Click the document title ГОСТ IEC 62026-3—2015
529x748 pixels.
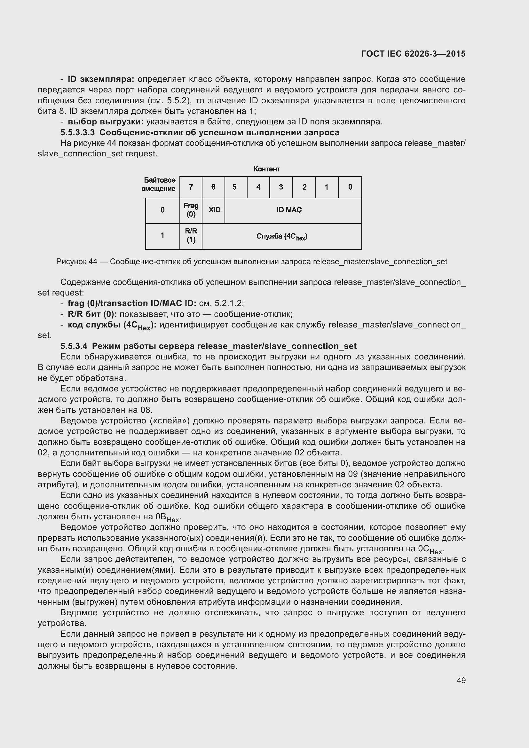tap(413, 54)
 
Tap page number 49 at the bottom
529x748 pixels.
tap(461, 680)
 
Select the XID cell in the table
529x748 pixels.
tap(214, 210)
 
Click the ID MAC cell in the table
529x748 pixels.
tap(289, 210)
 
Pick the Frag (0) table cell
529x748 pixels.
tap(191, 210)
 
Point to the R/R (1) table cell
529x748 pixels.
tap(191, 236)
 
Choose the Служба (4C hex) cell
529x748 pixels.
tap(282, 237)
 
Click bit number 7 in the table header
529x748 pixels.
tap(191, 187)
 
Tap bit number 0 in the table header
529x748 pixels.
tap(350, 187)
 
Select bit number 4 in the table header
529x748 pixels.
tap(258, 187)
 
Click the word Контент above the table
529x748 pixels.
tap(267, 169)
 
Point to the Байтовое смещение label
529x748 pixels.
tap(159, 185)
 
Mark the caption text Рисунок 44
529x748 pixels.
tap(76, 262)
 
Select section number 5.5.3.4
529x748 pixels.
tap(74, 346)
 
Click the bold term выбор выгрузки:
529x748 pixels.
tap(106, 122)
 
